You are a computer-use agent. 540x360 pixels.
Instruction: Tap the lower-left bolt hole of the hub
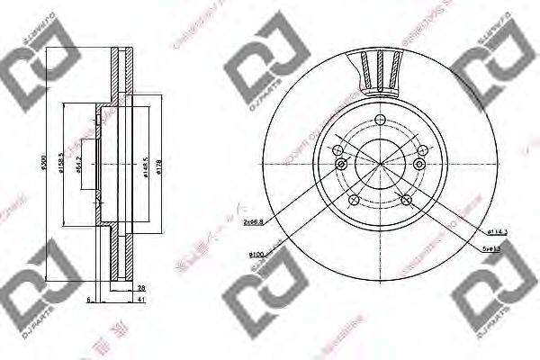353,199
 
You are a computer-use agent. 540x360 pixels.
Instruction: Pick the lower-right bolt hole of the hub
406,199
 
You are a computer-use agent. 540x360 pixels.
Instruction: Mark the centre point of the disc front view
379,163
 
